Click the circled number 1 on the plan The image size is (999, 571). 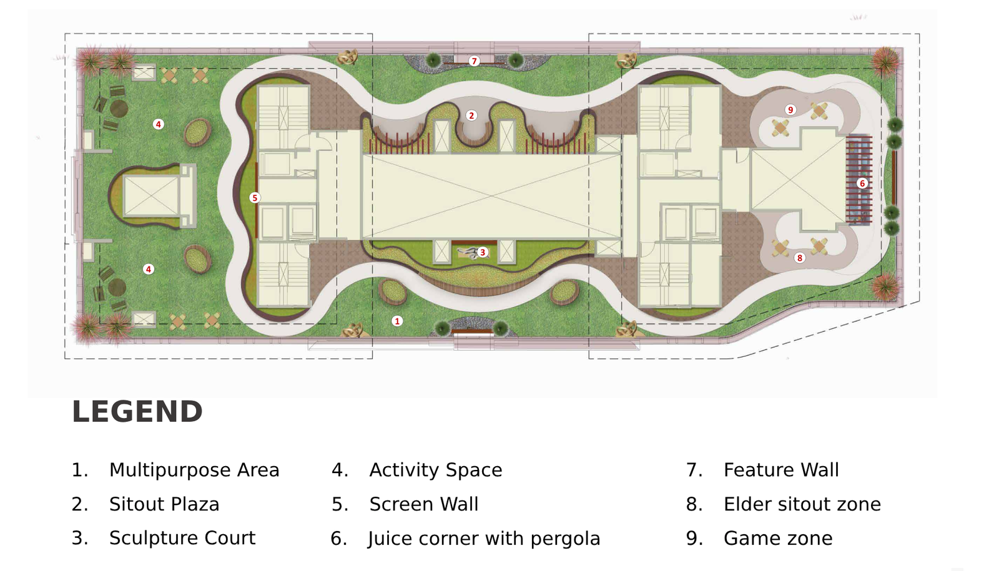point(397,321)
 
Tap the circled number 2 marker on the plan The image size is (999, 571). point(471,115)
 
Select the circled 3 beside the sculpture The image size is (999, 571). point(483,252)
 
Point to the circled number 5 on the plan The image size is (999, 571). point(254,198)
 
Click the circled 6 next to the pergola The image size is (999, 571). point(862,183)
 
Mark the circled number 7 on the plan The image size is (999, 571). point(475,61)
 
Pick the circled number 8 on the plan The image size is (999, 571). point(799,258)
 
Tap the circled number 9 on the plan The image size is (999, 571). point(790,110)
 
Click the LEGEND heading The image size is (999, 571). point(137,412)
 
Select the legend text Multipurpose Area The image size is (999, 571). point(194,470)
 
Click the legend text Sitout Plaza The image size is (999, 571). point(164,504)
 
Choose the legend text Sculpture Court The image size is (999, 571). point(182,538)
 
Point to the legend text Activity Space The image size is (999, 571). point(436,470)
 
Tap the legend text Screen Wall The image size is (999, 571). point(424,504)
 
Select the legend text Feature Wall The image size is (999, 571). point(781,470)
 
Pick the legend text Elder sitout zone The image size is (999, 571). point(802,504)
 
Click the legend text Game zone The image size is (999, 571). point(778,538)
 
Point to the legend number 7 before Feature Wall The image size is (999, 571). point(694,470)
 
